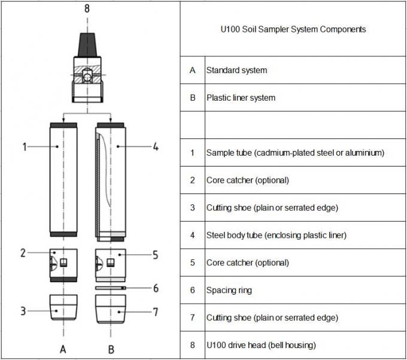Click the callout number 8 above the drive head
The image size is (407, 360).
pos(87,9)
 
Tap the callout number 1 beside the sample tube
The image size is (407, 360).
pos(25,146)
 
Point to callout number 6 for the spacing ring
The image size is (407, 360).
pos(155,288)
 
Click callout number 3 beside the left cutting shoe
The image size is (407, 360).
pos(23,310)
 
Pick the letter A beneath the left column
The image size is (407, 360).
pos(62,348)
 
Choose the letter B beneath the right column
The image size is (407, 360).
pos(110,348)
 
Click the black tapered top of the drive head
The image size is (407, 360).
pos(87,42)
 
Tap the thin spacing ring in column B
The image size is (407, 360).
pos(110,288)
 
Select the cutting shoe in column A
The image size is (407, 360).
pos(62,306)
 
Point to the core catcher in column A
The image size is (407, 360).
pos(62,262)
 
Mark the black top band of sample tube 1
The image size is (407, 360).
pos(62,124)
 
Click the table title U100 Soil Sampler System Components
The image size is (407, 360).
pos(293,29)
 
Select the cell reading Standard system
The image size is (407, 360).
pos(236,70)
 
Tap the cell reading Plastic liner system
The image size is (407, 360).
pos(241,98)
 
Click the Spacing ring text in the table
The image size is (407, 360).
pos(229,291)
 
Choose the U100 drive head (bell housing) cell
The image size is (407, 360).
pos(261,345)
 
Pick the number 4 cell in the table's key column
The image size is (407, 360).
pos(192,235)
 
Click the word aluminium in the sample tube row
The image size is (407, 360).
pos(365,153)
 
